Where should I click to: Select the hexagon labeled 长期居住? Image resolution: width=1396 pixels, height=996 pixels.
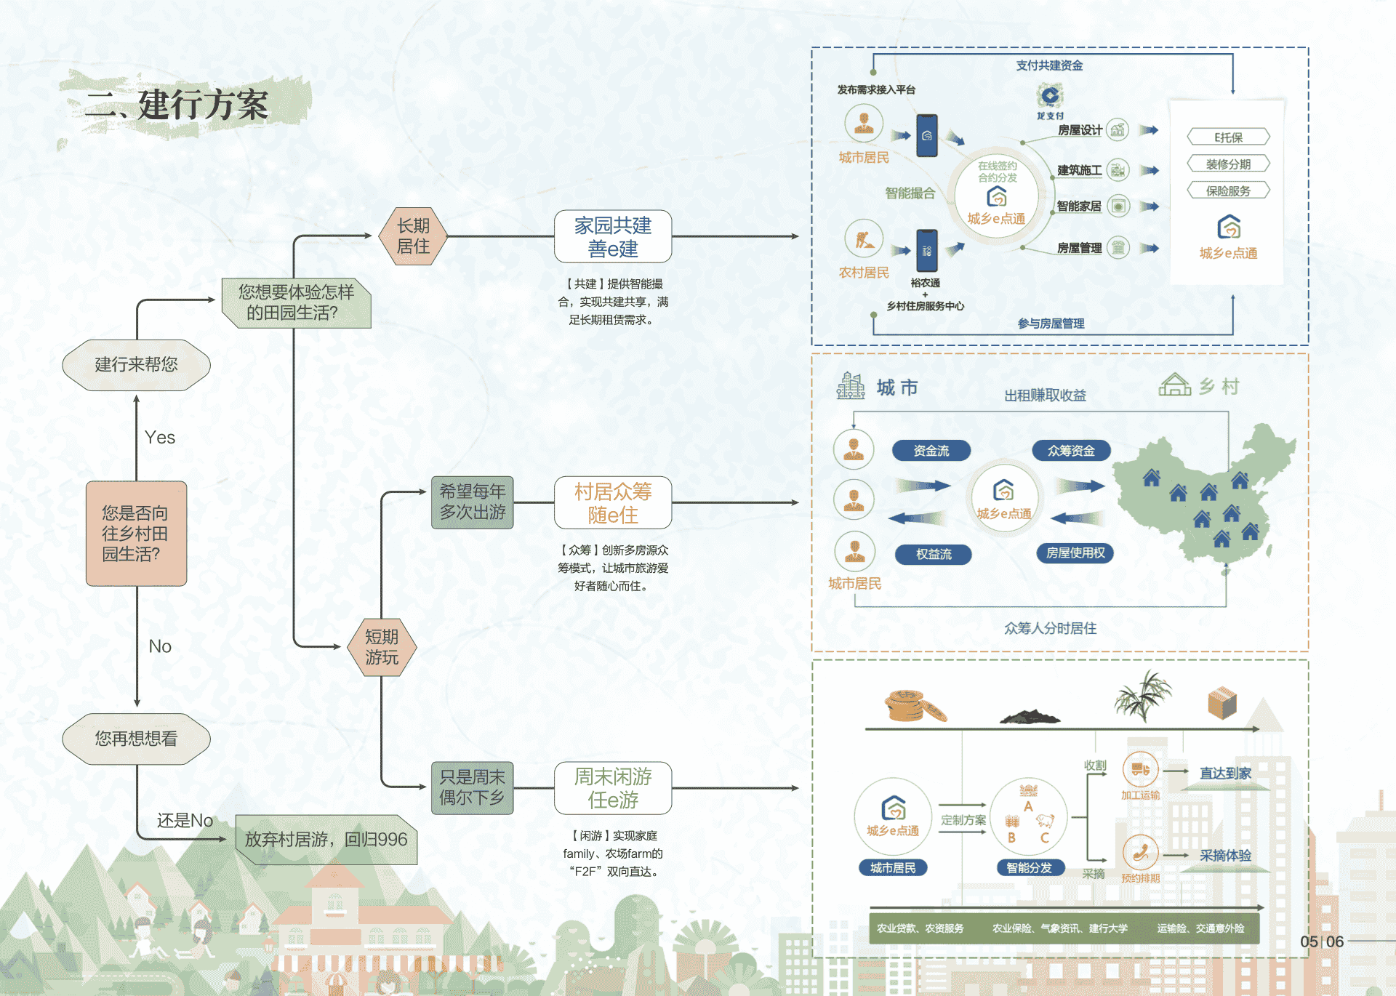coord(413,236)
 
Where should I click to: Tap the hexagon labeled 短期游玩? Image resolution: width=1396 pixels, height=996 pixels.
coord(382,647)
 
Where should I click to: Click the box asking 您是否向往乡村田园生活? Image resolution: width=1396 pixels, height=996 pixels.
coord(136,534)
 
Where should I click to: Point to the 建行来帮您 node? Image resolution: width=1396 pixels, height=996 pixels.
coord(136,365)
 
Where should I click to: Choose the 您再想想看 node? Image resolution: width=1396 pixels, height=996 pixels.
coord(136,739)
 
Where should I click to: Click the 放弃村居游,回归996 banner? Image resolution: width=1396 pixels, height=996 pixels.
coord(326,840)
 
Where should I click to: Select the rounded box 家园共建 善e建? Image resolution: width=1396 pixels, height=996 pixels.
coord(612,237)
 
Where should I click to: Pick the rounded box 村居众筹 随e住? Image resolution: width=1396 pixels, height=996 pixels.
coord(612,503)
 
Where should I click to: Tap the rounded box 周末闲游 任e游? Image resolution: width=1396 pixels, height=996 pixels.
coord(612,788)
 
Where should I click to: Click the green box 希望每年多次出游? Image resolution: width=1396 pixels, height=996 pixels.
coord(472,502)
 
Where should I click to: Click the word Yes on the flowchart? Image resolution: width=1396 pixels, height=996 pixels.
coord(160,438)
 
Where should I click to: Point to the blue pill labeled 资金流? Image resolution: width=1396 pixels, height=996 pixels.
coord(931,451)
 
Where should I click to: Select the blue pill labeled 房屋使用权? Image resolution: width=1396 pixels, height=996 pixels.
coord(1075,553)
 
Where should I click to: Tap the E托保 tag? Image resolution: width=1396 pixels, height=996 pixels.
coord(1228,137)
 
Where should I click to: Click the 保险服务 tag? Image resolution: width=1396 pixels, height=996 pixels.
coord(1228,191)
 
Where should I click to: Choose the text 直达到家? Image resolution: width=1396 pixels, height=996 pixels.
coord(1225,774)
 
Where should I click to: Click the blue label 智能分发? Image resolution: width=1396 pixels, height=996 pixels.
coord(1029,868)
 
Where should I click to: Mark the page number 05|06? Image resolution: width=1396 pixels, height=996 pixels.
coord(1322,941)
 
